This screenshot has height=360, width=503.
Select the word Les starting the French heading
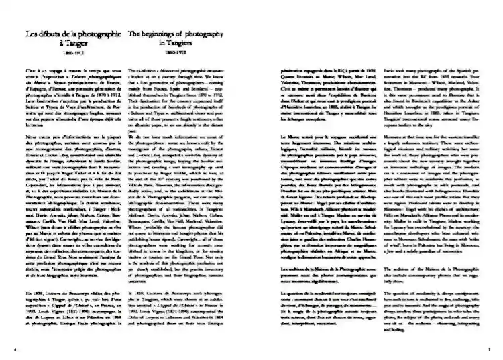(x=30, y=32)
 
